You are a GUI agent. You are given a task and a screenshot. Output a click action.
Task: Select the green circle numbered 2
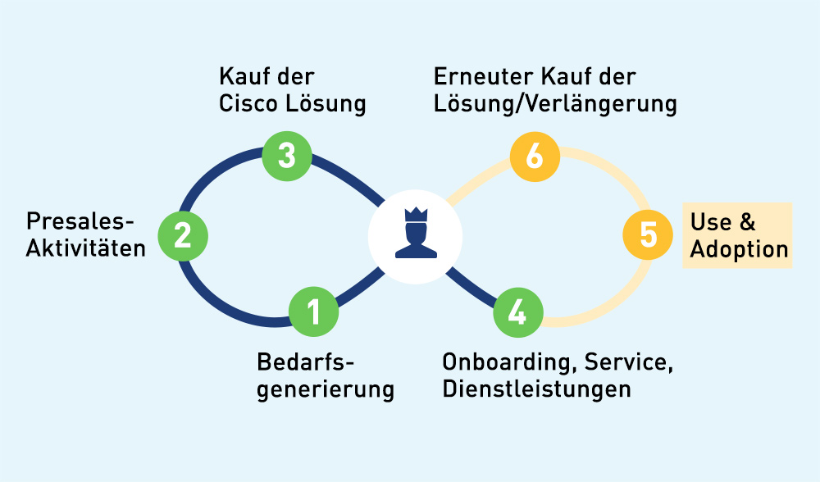(x=183, y=236)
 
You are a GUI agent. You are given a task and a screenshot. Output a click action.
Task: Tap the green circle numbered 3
(x=286, y=155)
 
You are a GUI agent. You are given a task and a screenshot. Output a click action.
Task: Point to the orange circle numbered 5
(x=649, y=235)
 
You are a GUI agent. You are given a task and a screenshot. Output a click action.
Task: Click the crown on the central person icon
(x=417, y=215)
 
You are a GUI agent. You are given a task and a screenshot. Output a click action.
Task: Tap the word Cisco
(x=253, y=105)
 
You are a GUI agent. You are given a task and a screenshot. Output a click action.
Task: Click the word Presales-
(x=80, y=222)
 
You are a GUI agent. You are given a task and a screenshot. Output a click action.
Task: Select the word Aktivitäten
(x=86, y=249)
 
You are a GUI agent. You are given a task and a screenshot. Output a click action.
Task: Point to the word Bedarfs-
(x=309, y=361)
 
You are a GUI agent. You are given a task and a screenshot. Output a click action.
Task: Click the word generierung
(x=326, y=389)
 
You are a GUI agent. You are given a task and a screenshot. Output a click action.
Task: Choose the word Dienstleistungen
(x=536, y=388)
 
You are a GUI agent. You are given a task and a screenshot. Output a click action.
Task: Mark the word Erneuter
(x=481, y=77)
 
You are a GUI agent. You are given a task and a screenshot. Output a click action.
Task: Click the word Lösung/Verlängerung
(x=555, y=105)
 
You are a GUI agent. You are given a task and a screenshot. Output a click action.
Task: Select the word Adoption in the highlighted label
(x=739, y=250)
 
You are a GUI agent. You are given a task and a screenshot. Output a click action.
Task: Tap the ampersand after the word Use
(x=748, y=222)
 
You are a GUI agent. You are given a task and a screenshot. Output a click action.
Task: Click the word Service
(x=632, y=361)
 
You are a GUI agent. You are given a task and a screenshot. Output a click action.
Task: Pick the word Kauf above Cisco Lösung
(x=244, y=77)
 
